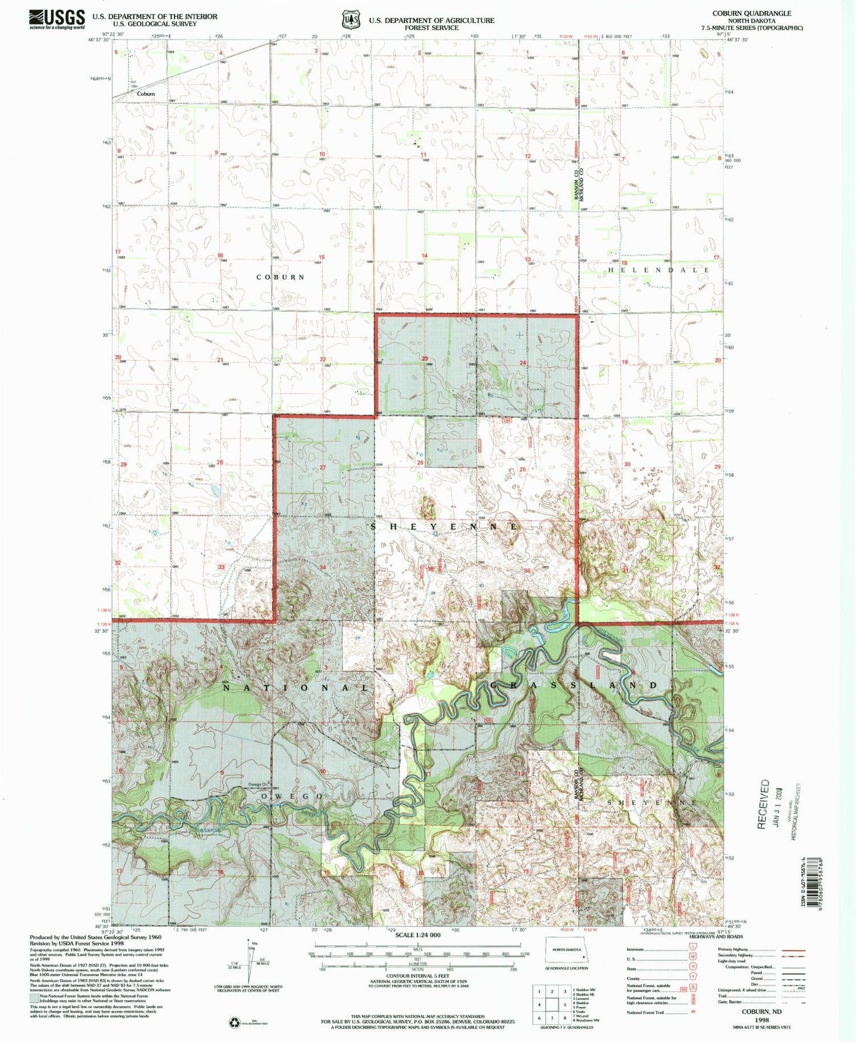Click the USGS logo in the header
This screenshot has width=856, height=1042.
(x=57, y=19)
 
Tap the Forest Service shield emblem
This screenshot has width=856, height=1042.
(x=350, y=20)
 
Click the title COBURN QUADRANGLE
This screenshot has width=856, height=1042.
(x=752, y=13)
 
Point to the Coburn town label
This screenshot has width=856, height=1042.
(x=146, y=94)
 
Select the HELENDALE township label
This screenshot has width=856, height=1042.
(x=659, y=270)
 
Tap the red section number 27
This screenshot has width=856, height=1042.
(x=322, y=467)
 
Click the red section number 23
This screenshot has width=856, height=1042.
(x=425, y=359)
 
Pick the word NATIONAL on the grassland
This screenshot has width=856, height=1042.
(x=296, y=688)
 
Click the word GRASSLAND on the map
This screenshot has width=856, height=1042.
(x=574, y=685)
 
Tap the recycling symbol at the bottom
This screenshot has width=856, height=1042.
(x=235, y=1023)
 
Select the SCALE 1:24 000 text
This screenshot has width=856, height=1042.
(x=418, y=935)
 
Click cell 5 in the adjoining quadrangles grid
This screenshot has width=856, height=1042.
(x=565, y=1005)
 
